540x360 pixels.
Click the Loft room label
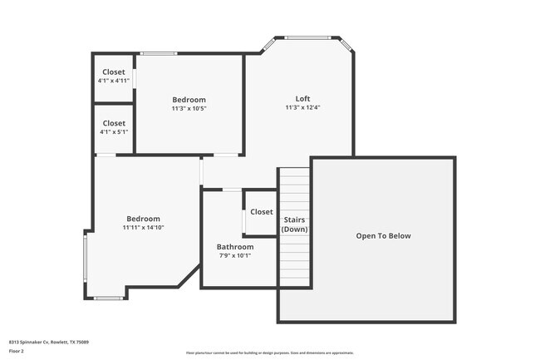tap(302, 99)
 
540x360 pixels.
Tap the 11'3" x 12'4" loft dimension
tap(302, 107)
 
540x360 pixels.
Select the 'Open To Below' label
tap(383, 236)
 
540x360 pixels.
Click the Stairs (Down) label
tap(294, 224)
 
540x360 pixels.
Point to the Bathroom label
tap(235, 247)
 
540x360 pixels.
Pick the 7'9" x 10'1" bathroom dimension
tap(235, 255)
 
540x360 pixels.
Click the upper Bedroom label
tap(189, 100)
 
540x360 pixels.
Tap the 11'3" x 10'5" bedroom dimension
tap(189, 108)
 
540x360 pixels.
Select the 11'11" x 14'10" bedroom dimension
tap(143, 227)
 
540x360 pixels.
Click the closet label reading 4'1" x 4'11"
tap(114, 81)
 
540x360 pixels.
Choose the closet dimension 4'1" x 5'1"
tap(114, 131)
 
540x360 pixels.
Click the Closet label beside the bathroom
tap(261, 212)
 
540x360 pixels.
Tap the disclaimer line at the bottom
tap(270, 353)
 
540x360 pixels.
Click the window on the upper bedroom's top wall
tap(158, 54)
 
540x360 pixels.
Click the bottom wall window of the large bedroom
tap(108, 298)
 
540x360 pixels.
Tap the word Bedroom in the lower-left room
tap(143, 219)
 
